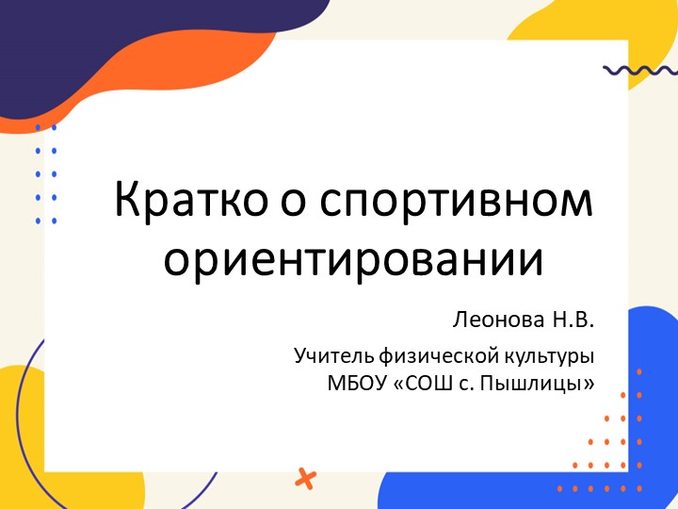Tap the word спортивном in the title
pyautogui.click(x=458, y=203)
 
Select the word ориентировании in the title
pyautogui.click(x=354, y=257)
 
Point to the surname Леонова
pyautogui.click(x=496, y=320)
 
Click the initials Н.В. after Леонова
pyautogui.click(x=572, y=320)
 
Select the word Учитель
pyautogui.click(x=333, y=358)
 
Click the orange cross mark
pyautogui.click(x=305, y=478)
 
